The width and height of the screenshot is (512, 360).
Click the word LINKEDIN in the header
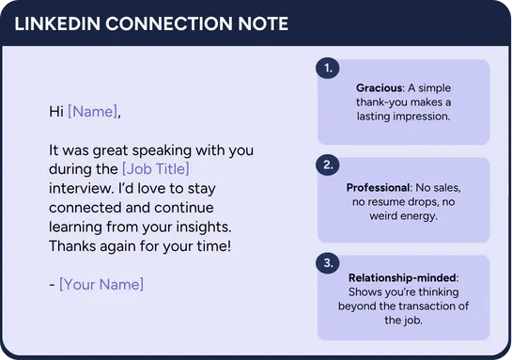click(57, 23)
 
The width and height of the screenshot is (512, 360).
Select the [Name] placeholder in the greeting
click(92, 112)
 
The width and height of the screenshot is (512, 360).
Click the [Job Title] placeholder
click(155, 169)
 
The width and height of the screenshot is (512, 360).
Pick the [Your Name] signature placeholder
click(101, 284)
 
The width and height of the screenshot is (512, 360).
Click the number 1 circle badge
click(328, 68)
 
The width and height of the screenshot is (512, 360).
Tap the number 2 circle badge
click(328, 164)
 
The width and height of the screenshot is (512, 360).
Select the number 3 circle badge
click(328, 262)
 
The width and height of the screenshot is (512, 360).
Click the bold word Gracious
click(380, 87)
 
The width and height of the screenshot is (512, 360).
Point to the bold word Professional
click(378, 187)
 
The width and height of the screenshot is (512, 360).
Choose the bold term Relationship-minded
click(402, 277)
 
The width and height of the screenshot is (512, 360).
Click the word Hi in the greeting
click(56, 112)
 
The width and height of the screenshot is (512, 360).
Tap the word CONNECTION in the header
click(169, 23)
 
